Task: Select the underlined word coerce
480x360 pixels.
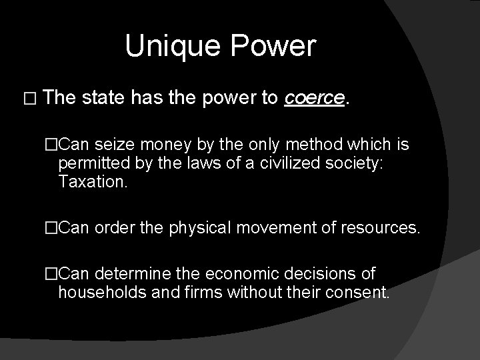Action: [315, 99]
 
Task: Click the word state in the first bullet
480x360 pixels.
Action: [104, 99]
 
